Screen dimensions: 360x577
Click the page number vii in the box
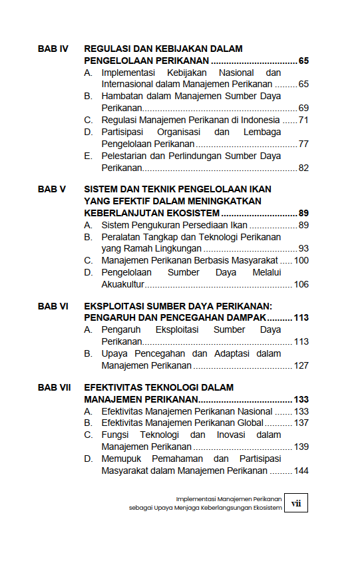296,503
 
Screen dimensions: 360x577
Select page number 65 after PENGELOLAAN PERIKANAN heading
303,61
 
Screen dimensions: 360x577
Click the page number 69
303,108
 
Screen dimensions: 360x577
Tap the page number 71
303,120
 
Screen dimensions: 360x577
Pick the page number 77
303,144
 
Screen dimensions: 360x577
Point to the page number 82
303,168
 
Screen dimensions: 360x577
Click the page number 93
303,248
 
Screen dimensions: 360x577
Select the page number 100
301,260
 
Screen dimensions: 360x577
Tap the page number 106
301,284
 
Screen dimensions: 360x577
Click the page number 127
301,365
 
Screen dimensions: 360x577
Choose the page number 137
301,423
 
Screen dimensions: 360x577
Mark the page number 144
301,471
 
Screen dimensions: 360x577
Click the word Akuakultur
123,284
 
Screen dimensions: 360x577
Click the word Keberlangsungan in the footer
226,508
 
